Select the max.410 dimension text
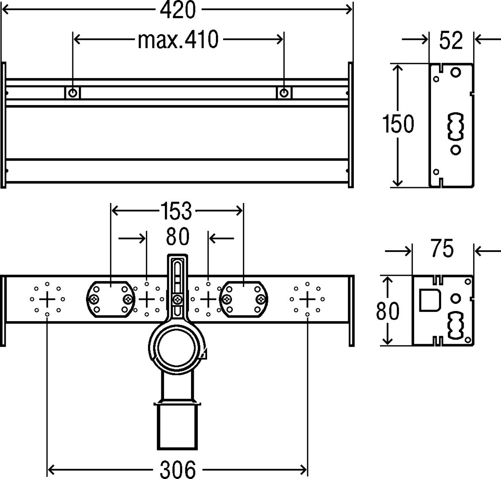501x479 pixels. point(178,39)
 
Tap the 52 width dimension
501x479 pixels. point(451,41)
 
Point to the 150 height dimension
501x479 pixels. point(398,124)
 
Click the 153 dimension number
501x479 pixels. point(176,211)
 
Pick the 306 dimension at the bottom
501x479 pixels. point(178,469)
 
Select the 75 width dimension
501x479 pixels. point(442,248)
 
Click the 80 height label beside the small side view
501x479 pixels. point(387,311)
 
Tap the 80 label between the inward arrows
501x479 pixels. point(177,237)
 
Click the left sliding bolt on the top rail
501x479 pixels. point(73,93)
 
